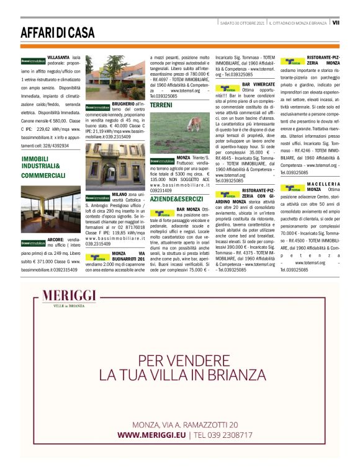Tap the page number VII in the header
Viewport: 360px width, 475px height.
click(x=336, y=22)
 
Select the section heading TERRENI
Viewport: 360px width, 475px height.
click(x=161, y=105)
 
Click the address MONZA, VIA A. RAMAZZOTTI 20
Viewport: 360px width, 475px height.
click(x=185, y=425)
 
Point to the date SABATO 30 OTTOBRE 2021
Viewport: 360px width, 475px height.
click(x=243, y=22)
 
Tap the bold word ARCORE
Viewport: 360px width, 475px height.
click(x=56, y=239)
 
